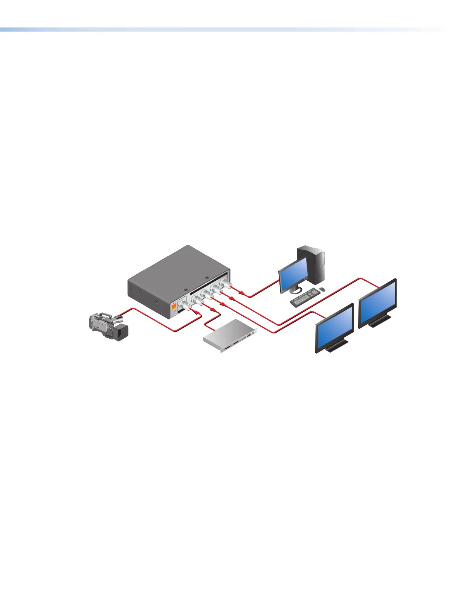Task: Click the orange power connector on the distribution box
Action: point(174,307)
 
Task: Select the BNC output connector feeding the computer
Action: point(226,284)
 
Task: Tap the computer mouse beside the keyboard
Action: point(322,289)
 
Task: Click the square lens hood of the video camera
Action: point(121,331)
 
